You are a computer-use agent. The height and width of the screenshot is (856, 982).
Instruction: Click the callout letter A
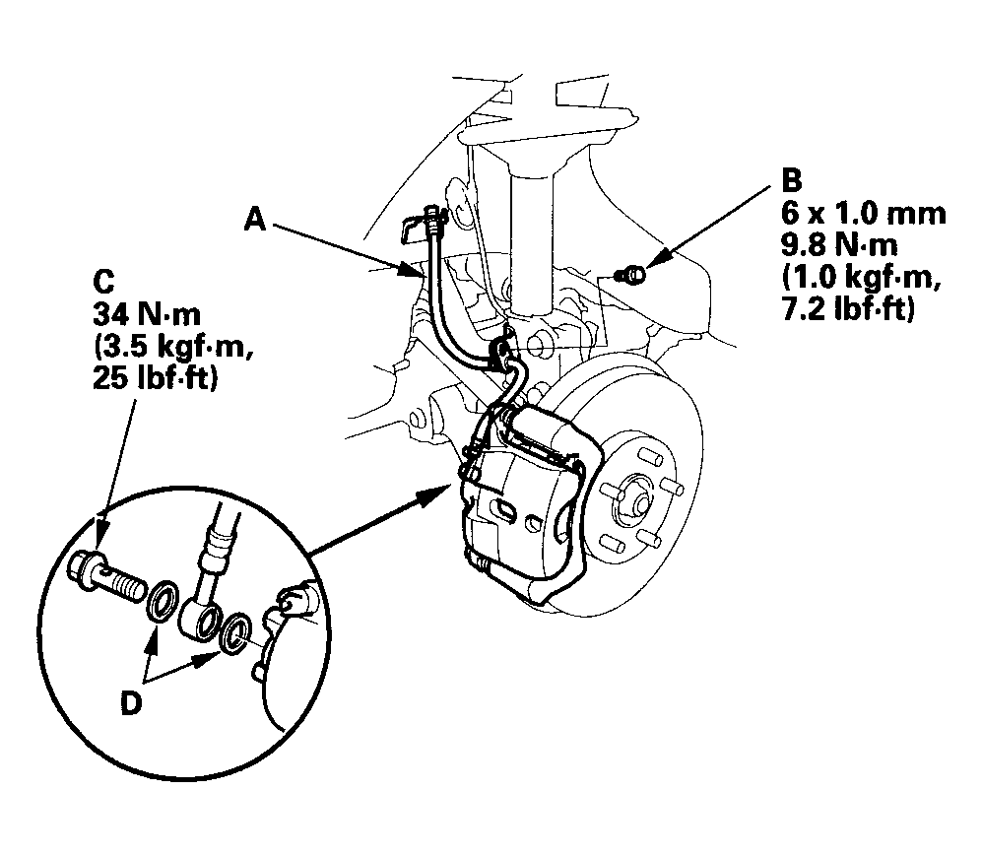255,220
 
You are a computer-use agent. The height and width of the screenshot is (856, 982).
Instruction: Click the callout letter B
792,181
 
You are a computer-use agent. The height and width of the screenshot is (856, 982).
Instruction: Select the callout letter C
104,281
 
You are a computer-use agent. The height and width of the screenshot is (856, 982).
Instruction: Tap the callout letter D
131,704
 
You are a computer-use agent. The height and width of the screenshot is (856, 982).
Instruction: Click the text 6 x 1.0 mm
863,214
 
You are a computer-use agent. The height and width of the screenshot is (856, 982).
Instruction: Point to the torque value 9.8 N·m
839,245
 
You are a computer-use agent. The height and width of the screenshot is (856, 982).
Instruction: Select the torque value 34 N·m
147,313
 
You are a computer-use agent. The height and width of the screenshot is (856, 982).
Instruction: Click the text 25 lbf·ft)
155,378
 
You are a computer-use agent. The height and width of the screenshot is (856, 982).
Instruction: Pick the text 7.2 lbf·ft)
848,310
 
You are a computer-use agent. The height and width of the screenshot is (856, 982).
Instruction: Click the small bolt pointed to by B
631,274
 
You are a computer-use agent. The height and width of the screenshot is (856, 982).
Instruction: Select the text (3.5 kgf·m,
173,347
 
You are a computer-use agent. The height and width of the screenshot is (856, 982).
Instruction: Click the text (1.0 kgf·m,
862,278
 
